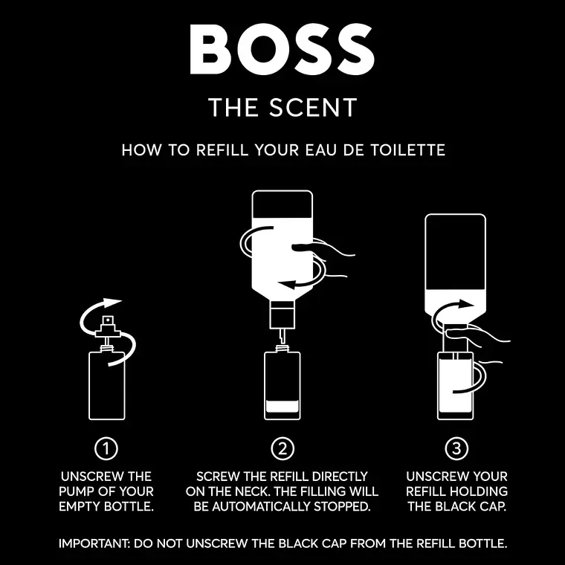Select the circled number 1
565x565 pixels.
tap(107, 448)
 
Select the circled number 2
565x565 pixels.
tap(282, 448)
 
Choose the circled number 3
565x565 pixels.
tap(456, 448)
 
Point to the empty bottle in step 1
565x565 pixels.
tap(107, 385)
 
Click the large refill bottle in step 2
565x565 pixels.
tap(282, 245)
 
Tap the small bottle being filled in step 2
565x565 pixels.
tap(282, 385)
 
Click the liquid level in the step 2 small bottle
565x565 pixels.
tap(282, 407)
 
